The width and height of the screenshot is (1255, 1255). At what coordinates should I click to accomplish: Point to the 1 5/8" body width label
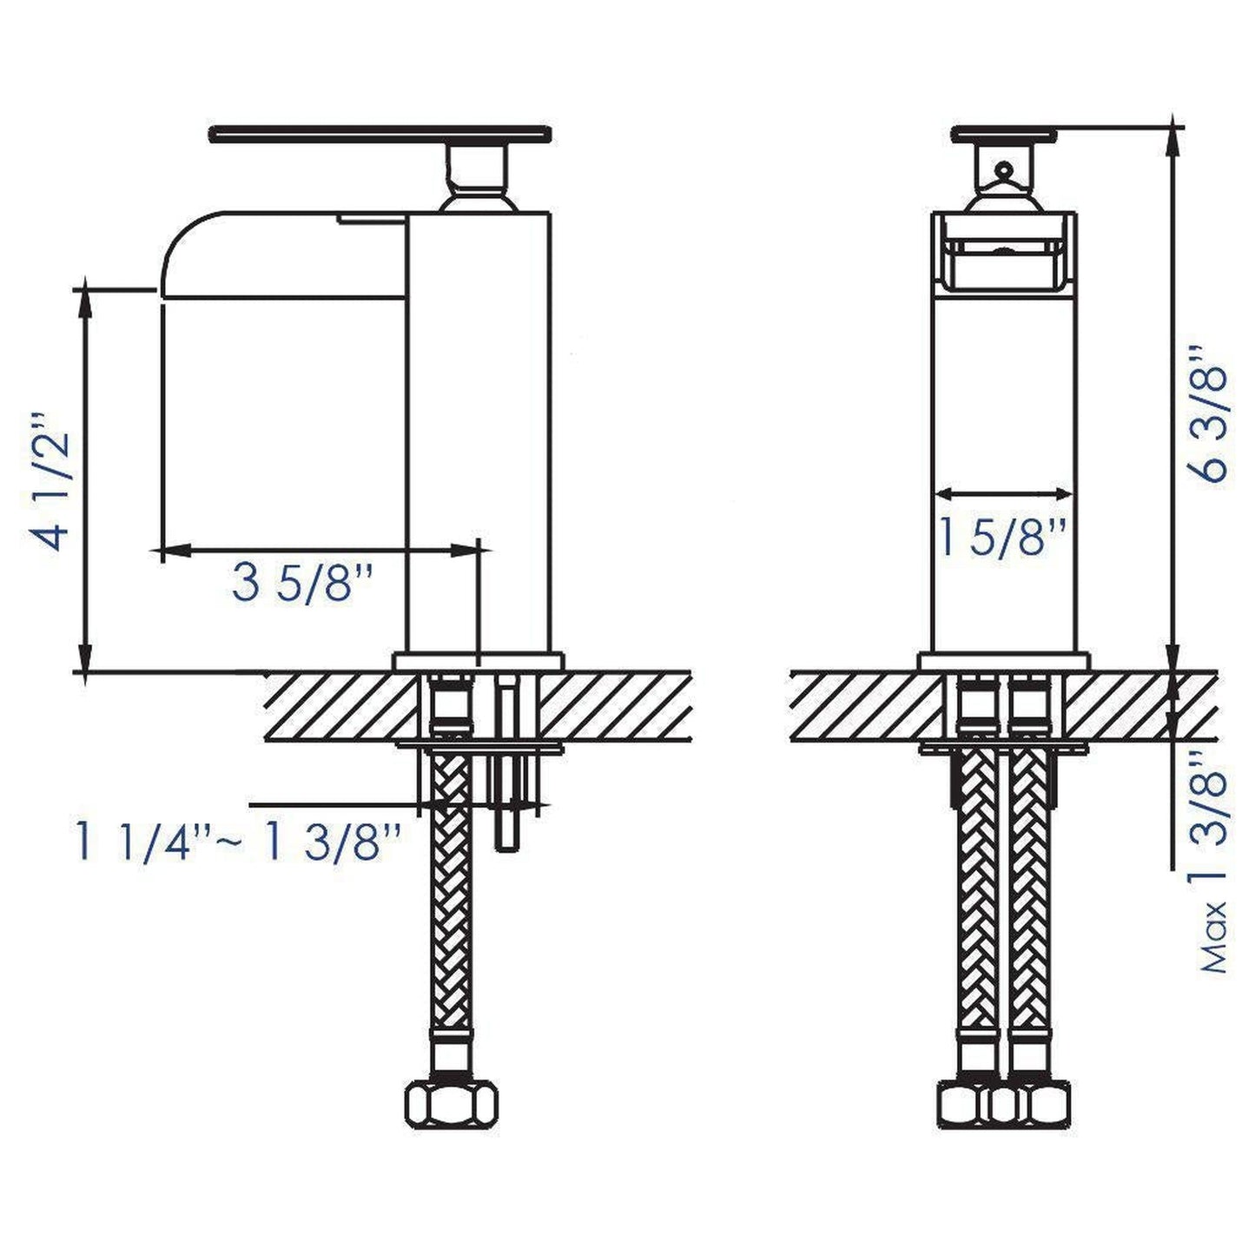pos(1003,537)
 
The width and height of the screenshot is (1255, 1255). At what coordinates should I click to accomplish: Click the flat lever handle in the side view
pos(380,134)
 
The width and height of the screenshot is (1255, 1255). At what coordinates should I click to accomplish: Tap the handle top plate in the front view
pos(1004,134)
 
